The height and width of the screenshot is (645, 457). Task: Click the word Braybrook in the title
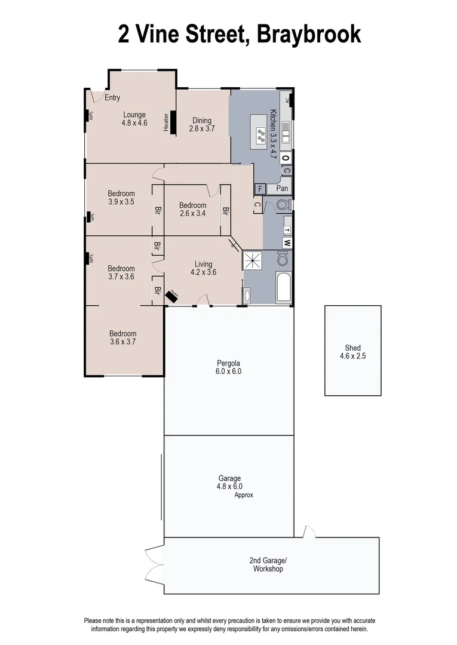[309, 34]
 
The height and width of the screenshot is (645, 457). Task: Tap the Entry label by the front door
[112, 98]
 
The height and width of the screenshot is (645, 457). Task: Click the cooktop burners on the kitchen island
[260, 136]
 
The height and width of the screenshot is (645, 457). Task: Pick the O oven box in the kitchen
[286, 158]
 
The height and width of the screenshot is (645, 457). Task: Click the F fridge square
[259, 189]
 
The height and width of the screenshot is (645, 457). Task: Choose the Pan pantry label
[282, 188]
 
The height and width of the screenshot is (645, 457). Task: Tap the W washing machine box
[287, 243]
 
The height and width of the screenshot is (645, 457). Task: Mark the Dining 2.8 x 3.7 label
[201, 124]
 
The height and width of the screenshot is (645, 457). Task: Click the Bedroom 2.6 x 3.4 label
[192, 209]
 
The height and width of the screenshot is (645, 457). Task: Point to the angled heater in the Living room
[173, 295]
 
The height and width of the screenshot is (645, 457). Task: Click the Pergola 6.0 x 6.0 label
[229, 367]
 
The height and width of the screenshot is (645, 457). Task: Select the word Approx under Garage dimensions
[244, 495]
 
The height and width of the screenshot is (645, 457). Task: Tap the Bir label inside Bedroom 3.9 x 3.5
[158, 210]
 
